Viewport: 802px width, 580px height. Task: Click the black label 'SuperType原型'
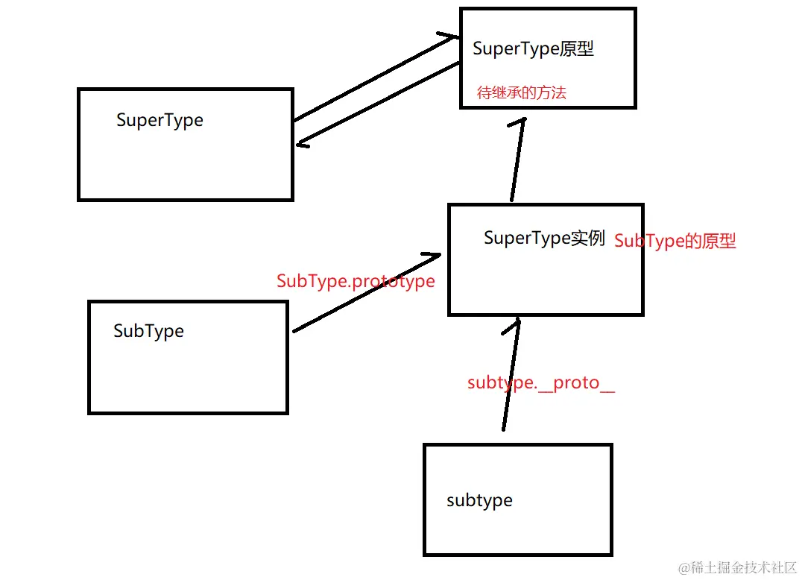(533, 49)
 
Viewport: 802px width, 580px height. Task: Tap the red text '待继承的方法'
(521, 92)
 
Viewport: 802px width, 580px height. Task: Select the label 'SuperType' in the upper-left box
(160, 121)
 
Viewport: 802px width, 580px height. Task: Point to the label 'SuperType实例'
(544, 239)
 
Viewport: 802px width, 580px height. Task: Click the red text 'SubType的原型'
(675, 241)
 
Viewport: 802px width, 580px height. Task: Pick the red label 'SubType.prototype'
(356, 281)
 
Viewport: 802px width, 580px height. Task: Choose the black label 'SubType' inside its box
(148, 332)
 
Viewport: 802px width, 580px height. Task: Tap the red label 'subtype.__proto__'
(541, 383)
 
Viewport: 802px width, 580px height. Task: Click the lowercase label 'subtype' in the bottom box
(479, 501)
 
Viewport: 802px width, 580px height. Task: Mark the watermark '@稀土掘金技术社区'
(738, 567)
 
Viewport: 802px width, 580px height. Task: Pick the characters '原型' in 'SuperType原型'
(576, 49)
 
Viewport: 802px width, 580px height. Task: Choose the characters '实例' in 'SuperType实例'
(587, 239)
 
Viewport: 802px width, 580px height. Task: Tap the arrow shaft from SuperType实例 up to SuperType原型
(517, 160)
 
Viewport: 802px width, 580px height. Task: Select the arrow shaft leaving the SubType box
(367, 293)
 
